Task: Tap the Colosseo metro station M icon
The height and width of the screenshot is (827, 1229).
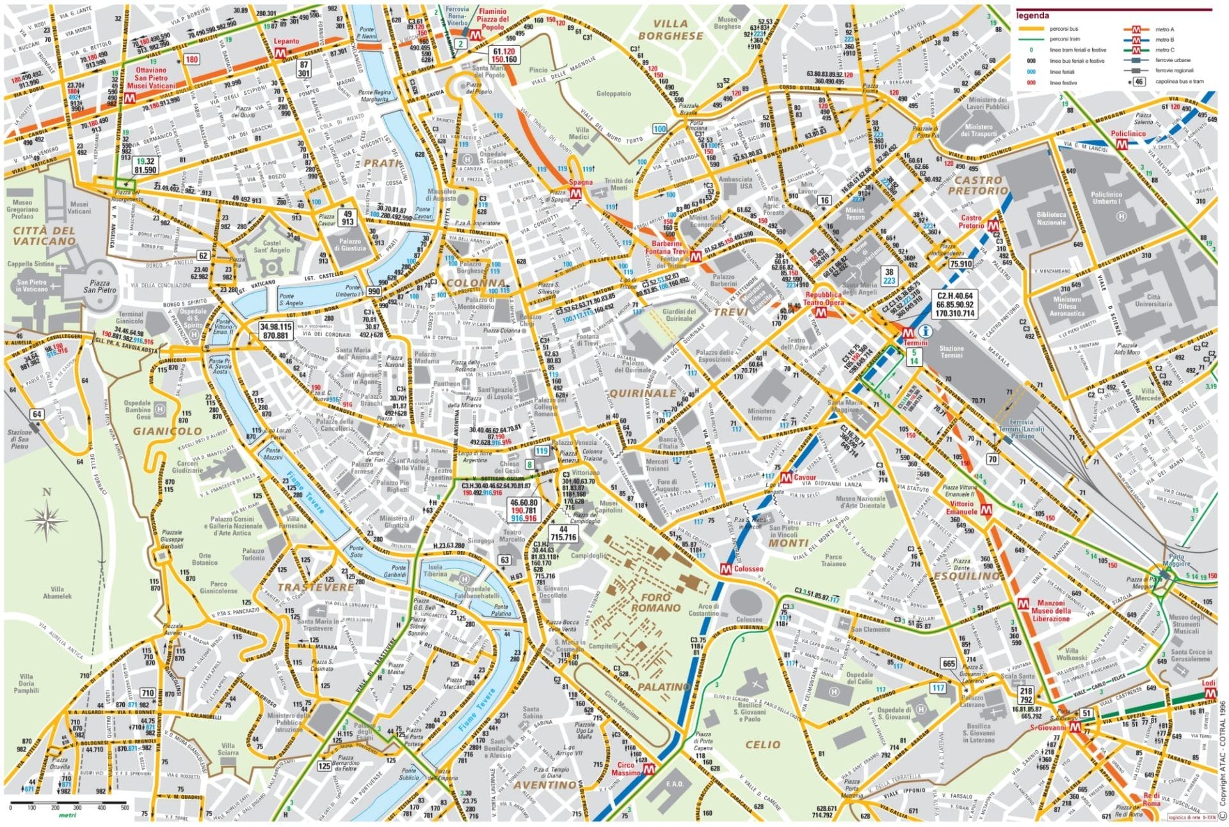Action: pos(726,568)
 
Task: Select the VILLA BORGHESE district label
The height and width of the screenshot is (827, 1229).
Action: pos(670,30)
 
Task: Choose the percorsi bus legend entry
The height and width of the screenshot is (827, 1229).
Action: pos(1065,29)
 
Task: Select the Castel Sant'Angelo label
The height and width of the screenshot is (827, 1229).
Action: pos(271,247)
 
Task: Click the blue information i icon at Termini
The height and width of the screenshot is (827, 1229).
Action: pos(923,331)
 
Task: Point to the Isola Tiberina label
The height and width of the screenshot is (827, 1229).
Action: pos(435,571)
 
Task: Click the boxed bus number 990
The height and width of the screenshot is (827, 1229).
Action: pos(374,291)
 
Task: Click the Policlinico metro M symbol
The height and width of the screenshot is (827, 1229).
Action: pos(1121,145)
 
